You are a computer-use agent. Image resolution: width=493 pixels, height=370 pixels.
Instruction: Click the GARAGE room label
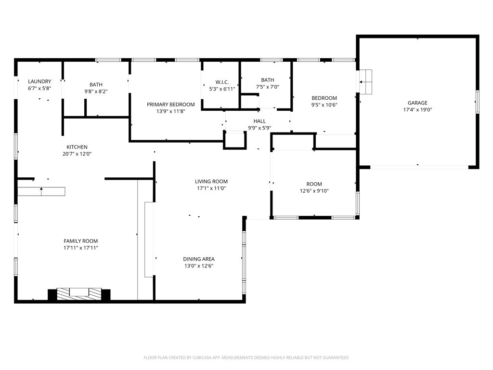(417, 103)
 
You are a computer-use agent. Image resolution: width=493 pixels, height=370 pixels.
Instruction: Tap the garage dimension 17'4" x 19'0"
(417, 110)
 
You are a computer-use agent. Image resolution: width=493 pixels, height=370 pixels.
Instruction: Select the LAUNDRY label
(39, 81)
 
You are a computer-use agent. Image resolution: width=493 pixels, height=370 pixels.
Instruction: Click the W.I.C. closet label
(221, 82)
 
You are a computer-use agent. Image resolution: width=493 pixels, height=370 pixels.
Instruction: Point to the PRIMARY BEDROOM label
(170, 105)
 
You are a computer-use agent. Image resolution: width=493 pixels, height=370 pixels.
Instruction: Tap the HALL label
(259, 121)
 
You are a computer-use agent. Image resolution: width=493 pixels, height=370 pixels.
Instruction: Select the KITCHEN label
(77, 147)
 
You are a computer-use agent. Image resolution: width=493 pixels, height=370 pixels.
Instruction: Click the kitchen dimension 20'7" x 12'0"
(77, 154)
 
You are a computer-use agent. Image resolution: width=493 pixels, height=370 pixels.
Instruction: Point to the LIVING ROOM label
(211, 182)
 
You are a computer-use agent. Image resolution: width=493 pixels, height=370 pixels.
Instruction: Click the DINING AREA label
(198, 259)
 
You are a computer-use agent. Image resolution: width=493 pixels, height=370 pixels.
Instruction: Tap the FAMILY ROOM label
(80, 241)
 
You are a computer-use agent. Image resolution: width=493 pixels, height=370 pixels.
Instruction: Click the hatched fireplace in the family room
(79, 293)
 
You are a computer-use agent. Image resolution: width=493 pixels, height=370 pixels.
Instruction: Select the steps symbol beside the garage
(366, 81)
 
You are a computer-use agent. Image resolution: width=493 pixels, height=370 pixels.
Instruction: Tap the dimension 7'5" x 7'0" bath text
(267, 87)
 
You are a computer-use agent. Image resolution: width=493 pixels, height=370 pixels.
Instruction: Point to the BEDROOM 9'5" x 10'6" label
(324, 98)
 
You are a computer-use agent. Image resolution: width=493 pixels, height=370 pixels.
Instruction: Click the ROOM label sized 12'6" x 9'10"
(314, 184)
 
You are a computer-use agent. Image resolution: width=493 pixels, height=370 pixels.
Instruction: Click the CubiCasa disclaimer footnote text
(246, 357)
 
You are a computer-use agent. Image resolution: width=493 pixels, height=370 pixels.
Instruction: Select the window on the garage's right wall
(477, 102)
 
